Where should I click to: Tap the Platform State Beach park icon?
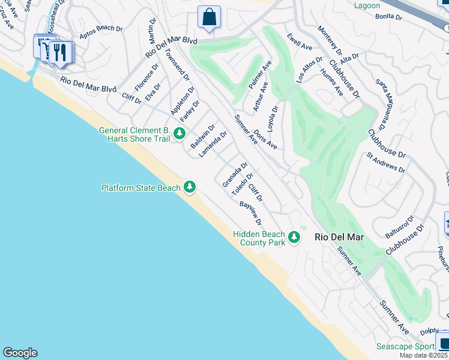[190, 188]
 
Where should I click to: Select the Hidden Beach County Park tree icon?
[294, 238]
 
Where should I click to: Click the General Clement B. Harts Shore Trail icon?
[179, 133]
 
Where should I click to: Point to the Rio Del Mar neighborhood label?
[340, 237]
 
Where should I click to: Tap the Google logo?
[20, 353]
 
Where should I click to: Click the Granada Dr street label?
[235, 174]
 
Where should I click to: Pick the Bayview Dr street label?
[250, 214]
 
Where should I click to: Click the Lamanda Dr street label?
[212, 145]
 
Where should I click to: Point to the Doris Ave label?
[265, 139]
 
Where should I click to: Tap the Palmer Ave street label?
[261, 75]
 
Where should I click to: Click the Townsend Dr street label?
[176, 65]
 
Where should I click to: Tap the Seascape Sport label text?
[405, 347]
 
